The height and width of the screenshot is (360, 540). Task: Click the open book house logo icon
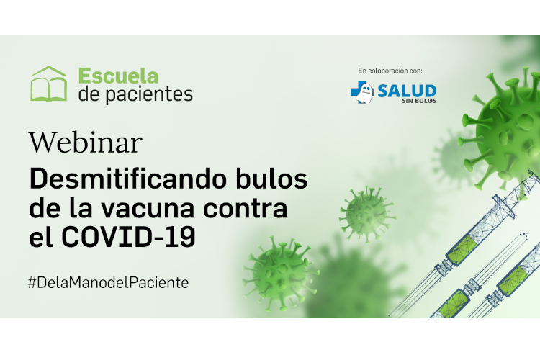(48, 84)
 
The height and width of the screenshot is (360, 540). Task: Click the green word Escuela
(119, 76)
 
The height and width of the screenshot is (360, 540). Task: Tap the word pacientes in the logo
(149, 94)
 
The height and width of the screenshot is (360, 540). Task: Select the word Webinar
(86, 143)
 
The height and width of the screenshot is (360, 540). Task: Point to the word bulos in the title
(271, 179)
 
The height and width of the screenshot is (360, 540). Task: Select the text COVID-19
(128, 238)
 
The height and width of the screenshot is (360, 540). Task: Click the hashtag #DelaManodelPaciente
(108, 282)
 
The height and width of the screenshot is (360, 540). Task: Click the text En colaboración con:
(390, 71)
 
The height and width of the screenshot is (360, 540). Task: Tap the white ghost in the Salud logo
(365, 93)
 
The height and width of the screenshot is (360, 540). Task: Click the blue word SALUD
(407, 91)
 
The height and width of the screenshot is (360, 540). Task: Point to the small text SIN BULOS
(419, 101)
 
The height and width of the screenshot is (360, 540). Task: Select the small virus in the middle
(367, 215)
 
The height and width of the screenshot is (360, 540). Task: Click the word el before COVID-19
(41, 238)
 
